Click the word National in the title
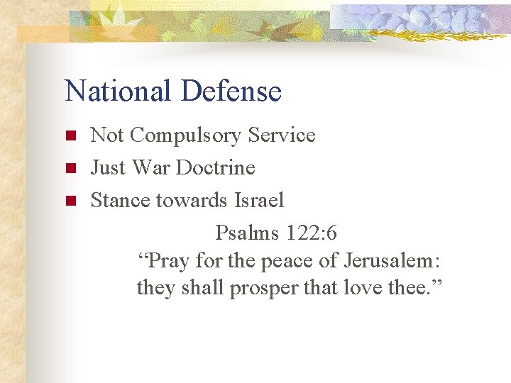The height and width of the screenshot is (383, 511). (118, 91)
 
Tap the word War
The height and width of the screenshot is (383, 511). (152, 167)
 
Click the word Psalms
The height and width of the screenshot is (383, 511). (248, 233)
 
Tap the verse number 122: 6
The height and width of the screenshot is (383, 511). (313, 233)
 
